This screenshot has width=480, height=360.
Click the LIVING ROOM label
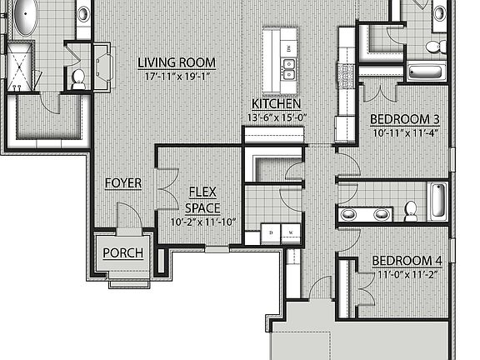point(177,62)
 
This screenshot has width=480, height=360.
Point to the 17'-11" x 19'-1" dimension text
point(177,76)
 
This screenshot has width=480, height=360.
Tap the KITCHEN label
point(276,104)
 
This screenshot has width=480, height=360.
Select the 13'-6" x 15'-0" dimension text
point(276,117)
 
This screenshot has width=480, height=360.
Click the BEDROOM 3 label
point(405,119)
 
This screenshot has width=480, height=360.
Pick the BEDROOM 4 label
point(407,259)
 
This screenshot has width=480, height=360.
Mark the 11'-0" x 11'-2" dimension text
point(407,272)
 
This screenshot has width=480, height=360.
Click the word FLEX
point(202,192)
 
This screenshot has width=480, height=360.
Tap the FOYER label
point(122,182)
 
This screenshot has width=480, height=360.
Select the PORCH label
point(122,253)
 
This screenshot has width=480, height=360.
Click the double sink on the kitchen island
point(290,69)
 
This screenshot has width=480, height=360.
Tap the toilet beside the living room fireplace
point(78,78)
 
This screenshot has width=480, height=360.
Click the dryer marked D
point(264,231)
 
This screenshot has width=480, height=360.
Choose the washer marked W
point(289,231)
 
